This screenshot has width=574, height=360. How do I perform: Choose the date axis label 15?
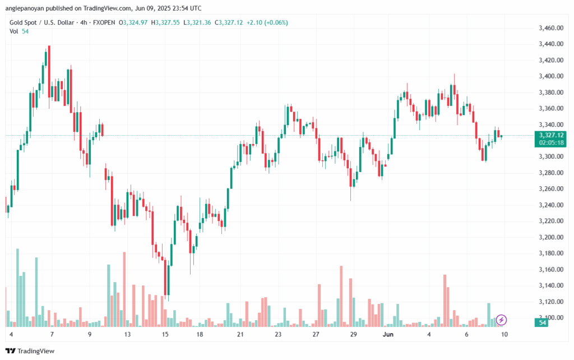(x=165, y=335)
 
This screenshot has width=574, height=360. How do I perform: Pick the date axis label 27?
(x=316, y=335)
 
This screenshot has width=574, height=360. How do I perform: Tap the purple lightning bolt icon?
(x=502, y=320)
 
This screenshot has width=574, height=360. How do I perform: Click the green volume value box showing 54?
(x=543, y=323)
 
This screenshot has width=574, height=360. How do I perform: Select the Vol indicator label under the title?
(x=14, y=31)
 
